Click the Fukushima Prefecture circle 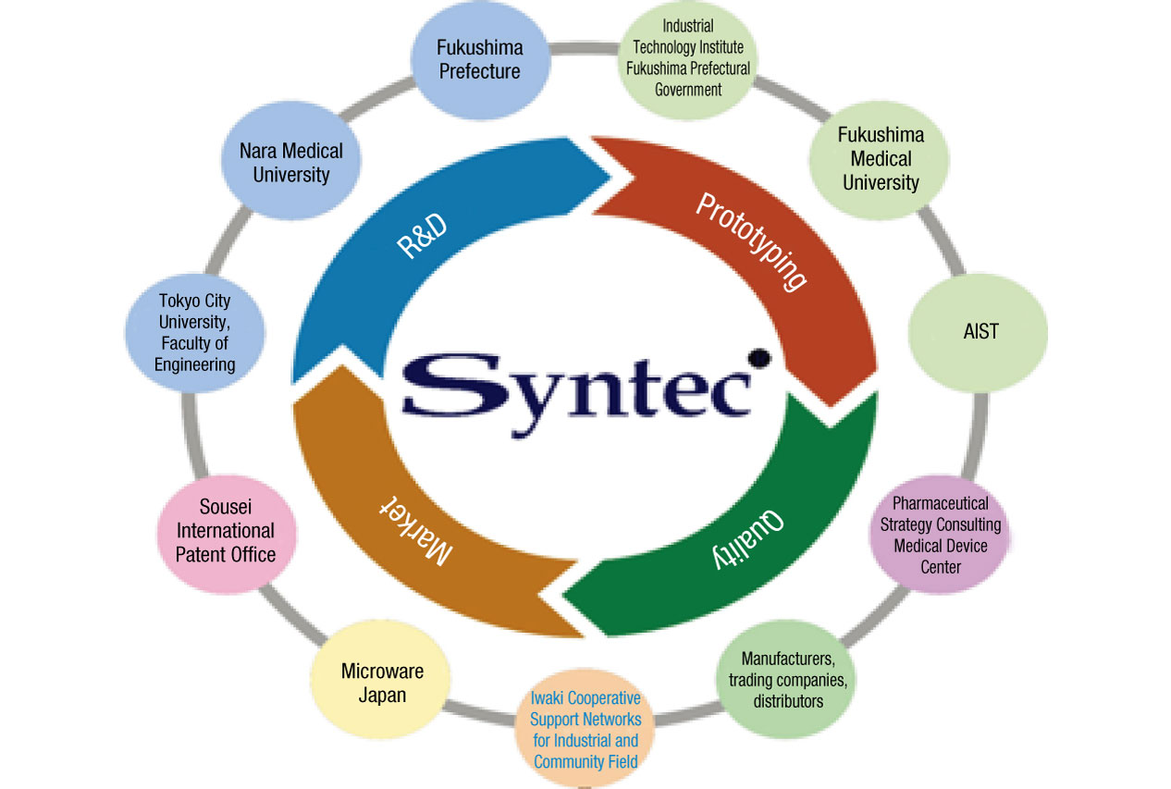[479, 59]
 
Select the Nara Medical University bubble [290, 162]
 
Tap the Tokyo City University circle [194, 332]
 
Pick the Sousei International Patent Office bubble [226, 530]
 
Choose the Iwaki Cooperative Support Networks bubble [585, 729]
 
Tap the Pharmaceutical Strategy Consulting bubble [940, 534]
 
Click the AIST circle [980, 331]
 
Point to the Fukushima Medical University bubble [880, 158]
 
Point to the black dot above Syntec [758, 356]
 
